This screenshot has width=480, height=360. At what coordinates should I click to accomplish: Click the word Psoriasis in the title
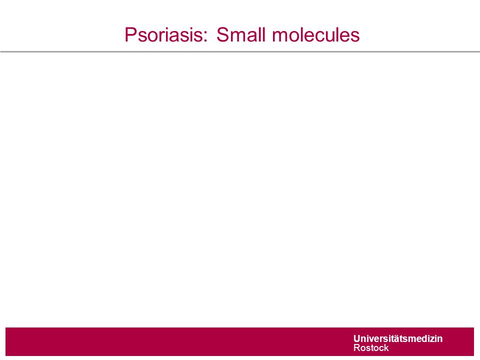pos(163,35)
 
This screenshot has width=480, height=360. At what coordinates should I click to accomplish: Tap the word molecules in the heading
pos(315,34)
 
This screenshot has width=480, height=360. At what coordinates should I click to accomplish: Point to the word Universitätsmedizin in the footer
pos(398,338)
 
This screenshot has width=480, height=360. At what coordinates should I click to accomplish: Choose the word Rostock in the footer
pos(371,348)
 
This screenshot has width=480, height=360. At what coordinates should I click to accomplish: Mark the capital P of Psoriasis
pos(130,34)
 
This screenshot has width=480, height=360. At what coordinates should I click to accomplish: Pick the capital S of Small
pos(222,34)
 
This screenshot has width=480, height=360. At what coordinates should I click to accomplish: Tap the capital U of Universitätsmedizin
pos(357,338)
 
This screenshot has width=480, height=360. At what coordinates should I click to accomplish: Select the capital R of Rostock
pos(357,348)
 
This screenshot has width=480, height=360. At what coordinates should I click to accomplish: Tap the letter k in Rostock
pos(386,348)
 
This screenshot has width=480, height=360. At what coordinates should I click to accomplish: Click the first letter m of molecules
pos(280,36)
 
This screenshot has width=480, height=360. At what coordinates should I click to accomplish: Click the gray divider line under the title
pos(240,51)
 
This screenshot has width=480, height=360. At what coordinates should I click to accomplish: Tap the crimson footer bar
pos(239,341)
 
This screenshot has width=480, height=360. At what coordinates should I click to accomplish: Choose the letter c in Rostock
pos(380,348)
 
